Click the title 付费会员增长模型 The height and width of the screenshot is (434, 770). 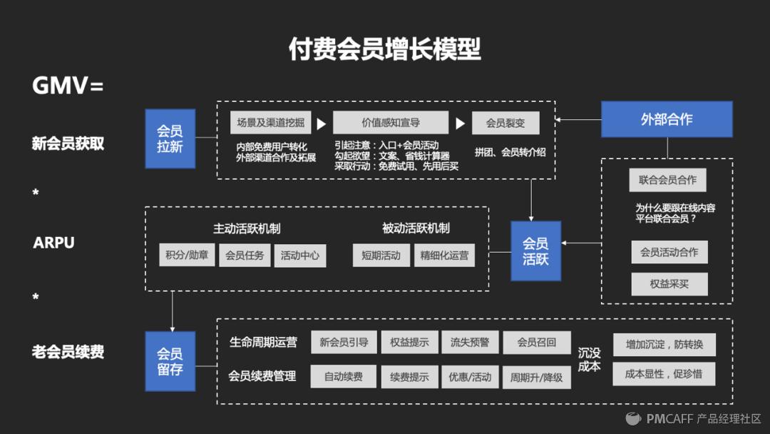click(384, 49)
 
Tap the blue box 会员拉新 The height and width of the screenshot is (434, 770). click(170, 138)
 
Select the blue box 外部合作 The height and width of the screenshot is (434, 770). click(667, 119)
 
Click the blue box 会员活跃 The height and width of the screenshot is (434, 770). click(535, 251)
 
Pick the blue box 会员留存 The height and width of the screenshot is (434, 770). click(170, 361)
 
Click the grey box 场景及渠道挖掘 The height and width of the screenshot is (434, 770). click(271, 123)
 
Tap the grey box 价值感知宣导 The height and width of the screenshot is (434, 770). click(391, 123)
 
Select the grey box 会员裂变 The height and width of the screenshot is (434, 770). click(505, 123)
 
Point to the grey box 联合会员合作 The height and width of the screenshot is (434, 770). click(668, 180)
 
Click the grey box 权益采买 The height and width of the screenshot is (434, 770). click(669, 283)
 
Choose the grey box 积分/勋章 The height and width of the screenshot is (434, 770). click(187, 255)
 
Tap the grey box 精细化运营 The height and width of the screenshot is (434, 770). click(444, 255)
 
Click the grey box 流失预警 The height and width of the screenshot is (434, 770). click(470, 342)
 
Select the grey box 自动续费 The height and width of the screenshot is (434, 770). click(344, 376)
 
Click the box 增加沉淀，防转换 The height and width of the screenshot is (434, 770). click(664, 345)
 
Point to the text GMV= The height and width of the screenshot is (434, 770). click(68, 86)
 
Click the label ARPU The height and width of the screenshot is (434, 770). click(53, 243)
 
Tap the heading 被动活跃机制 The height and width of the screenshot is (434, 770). click(416, 228)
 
